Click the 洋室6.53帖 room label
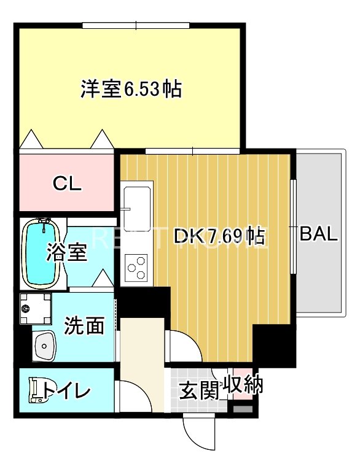[x=131, y=90]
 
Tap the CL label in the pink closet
[x=67, y=183]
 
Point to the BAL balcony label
[x=318, y=234]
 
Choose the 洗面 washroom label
[x=85, y=326]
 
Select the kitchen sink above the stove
[x=136, y=207]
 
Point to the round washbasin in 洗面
[x=44, y=348]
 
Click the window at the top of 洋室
[x=136, y=25]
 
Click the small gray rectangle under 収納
[x=243, y=408]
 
